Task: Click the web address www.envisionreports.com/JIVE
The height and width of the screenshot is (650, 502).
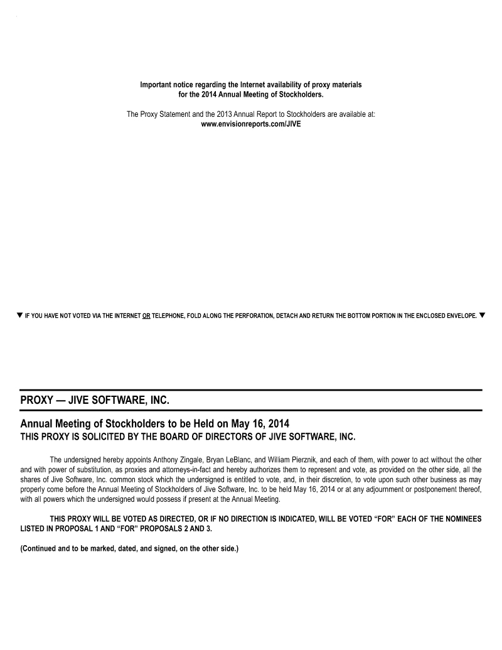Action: pyautogui.click(x=251, y=124)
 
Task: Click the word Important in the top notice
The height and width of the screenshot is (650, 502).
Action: pyautogui.click(x=157, y=85)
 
